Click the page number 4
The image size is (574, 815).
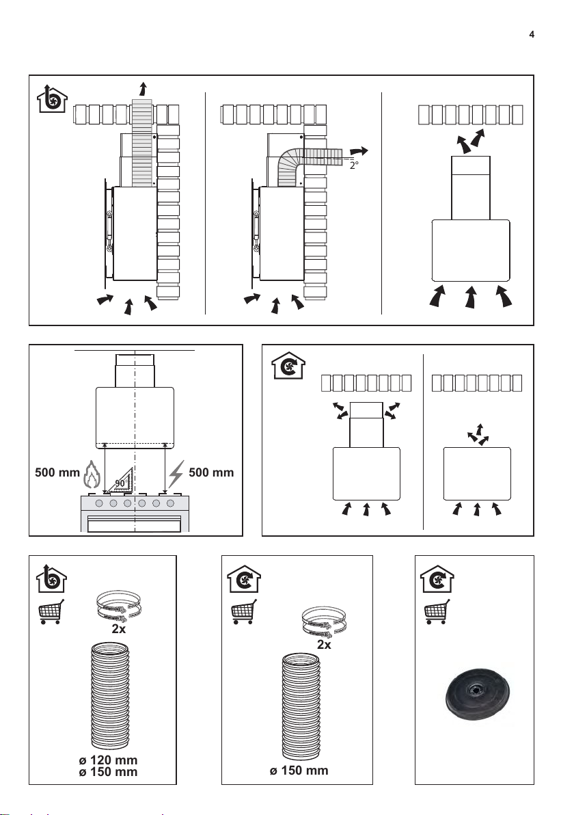tap(532, 35)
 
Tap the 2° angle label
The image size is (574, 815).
tap(354, 165)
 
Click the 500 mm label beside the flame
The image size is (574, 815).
tap(57, 472)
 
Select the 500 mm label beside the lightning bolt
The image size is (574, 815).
tap(211, 472)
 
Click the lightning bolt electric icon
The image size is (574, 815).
tap(176, 474)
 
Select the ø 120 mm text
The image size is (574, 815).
tap(108, 760)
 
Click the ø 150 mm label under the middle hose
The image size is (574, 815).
tap(299, 771)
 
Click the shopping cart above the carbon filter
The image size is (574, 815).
tap(437, 612)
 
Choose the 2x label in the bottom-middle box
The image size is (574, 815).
tap(324, 645)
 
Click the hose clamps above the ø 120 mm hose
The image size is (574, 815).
tap(118, 606)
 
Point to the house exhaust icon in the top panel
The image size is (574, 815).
tap(52, 98)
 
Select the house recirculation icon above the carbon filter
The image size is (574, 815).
tap(437, 578)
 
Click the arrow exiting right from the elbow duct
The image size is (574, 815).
tap(359, 151)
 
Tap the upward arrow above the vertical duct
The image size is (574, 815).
tap(142, 89)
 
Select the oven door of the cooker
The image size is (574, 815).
tap(135, 524)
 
